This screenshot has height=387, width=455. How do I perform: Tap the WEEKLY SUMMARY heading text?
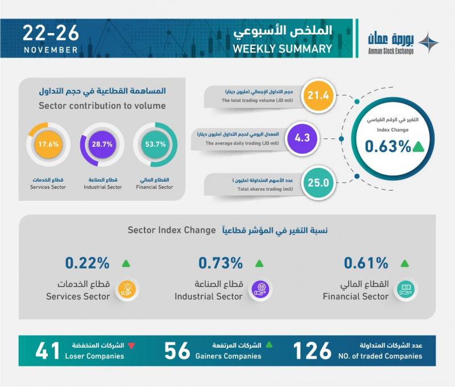point(282,50)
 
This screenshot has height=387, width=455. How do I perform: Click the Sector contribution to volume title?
point(102,105)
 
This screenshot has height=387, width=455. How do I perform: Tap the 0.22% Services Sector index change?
point(86,264)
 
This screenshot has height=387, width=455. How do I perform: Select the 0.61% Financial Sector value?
point(366,264)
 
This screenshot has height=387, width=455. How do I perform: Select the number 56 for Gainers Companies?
point(176,351)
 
